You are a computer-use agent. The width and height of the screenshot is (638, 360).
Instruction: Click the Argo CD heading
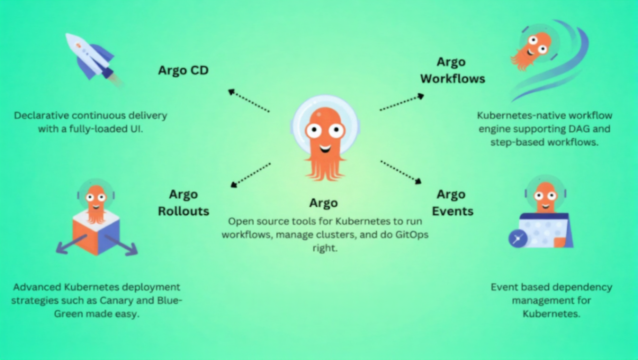pos(183,70)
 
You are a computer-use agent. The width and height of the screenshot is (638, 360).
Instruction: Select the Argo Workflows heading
pos(452,70)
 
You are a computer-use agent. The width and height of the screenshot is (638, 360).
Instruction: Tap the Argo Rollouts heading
pos(183,202)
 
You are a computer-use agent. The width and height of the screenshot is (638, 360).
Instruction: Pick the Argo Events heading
pos(452,202)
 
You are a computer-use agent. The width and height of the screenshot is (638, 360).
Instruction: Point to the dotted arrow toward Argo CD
pos(249,101)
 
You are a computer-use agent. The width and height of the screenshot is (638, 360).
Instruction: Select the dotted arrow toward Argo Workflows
pos(402,103)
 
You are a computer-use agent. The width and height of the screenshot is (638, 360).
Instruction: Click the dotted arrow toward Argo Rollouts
pos(251,175)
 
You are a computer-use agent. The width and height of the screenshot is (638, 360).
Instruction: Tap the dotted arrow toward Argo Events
pos(401,172)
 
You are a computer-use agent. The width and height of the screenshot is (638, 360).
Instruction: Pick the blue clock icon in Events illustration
pos(518,239)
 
